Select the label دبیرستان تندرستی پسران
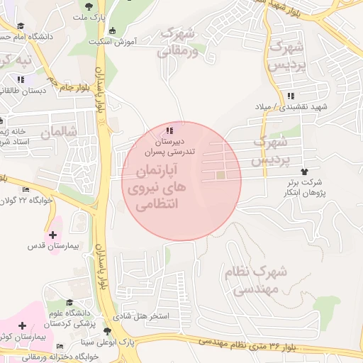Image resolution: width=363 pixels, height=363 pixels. [169, 146]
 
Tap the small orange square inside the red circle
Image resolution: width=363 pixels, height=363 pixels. [220, 175]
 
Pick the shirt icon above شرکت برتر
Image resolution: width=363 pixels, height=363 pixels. [306, 171]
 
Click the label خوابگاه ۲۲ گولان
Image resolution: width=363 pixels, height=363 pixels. [48, 200]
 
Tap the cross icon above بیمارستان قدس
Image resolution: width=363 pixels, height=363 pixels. [52, 234]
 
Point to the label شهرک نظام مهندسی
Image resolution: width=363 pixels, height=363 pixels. [259, 279]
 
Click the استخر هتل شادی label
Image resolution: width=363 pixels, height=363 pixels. [143, 316]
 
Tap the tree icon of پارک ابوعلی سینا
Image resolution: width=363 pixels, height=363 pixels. [107, 331]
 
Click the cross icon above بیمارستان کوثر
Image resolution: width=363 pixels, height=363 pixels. [23, 325]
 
